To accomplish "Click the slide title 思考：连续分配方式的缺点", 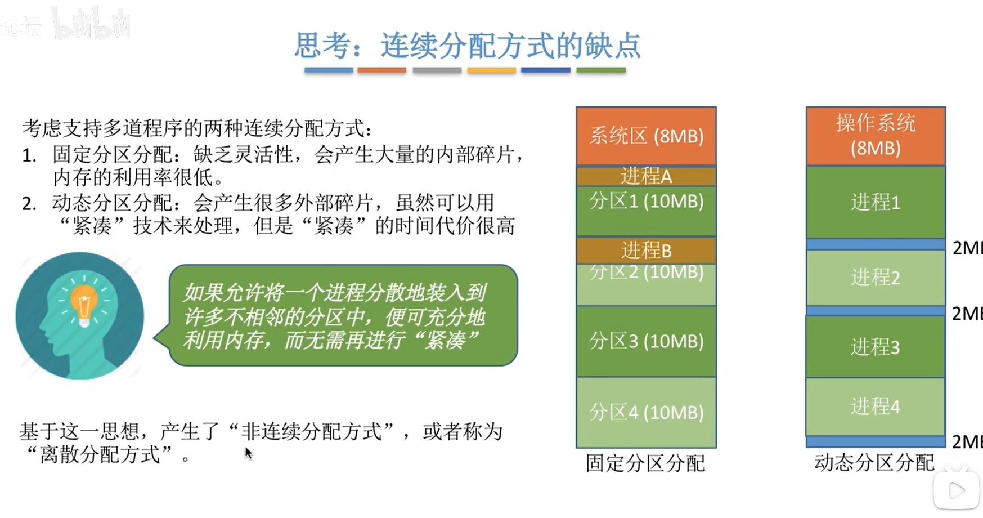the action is click(468, 46).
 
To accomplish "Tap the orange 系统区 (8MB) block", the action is click(646, 136).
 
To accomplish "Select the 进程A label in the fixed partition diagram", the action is click(646, 177).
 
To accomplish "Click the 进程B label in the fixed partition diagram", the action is click(646, 251).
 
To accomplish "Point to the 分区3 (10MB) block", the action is click(646, 341).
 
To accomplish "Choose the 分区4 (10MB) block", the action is click(646, 412).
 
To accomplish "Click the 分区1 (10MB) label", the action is click(646, 202).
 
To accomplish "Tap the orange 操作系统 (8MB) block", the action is click(875, 136).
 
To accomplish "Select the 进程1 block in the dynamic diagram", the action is click(875, 202).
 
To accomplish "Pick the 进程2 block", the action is click(875, 277).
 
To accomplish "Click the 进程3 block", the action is click(875, 347).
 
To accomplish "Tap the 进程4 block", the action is click(875, 406).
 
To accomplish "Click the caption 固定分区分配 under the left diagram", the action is click(645, 463).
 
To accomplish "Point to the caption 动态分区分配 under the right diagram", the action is click(874, 462).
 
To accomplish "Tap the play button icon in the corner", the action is click(956, 490).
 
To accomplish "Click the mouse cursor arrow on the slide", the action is click(248, 453).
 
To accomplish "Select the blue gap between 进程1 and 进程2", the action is click(875, 244).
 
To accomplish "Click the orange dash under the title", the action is click(381, 70).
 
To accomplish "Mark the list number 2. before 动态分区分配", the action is click(29, 203).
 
